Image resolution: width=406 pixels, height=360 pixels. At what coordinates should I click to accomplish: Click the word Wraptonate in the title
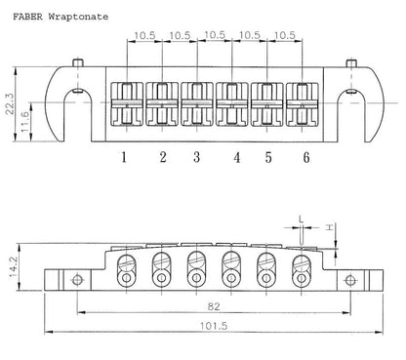coord(78,17)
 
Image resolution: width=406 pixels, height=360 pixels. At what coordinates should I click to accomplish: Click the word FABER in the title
coord(27,17)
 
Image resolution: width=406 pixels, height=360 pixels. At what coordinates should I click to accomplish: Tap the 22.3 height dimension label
coord(10,103)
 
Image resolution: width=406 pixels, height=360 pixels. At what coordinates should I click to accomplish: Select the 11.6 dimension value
coord(25,122)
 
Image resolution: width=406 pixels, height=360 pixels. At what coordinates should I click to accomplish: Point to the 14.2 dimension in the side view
coord(13,266)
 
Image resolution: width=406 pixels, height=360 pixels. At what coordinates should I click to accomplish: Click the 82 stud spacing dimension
coord(214,306)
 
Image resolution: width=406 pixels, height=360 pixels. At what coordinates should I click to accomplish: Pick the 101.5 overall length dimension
coord(214,326)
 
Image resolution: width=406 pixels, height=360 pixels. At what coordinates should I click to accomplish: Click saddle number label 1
coord(124,157)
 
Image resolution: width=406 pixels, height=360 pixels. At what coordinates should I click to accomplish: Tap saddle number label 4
coord(237,157)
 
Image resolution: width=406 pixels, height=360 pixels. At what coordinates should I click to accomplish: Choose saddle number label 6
coord(306,157)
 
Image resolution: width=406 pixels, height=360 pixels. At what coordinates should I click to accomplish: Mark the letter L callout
coord(302,219)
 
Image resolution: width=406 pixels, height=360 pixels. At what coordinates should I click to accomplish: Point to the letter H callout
coord(330,227)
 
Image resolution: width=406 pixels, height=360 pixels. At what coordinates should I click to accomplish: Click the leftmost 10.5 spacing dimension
coord(144,35)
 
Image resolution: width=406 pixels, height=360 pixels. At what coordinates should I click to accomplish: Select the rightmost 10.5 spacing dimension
coord(285,35)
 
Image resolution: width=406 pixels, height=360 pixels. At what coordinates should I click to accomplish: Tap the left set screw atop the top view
coord(78,62)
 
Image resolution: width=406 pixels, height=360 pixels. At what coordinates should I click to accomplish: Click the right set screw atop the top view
coord(351,62)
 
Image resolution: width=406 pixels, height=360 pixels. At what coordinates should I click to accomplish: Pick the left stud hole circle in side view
coord(77,280)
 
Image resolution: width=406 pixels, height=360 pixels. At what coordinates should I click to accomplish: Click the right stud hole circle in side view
coord(350,280)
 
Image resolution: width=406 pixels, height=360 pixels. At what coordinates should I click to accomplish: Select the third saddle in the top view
coord(197,103)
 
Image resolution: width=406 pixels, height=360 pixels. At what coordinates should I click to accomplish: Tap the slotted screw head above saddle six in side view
coord(302,261)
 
